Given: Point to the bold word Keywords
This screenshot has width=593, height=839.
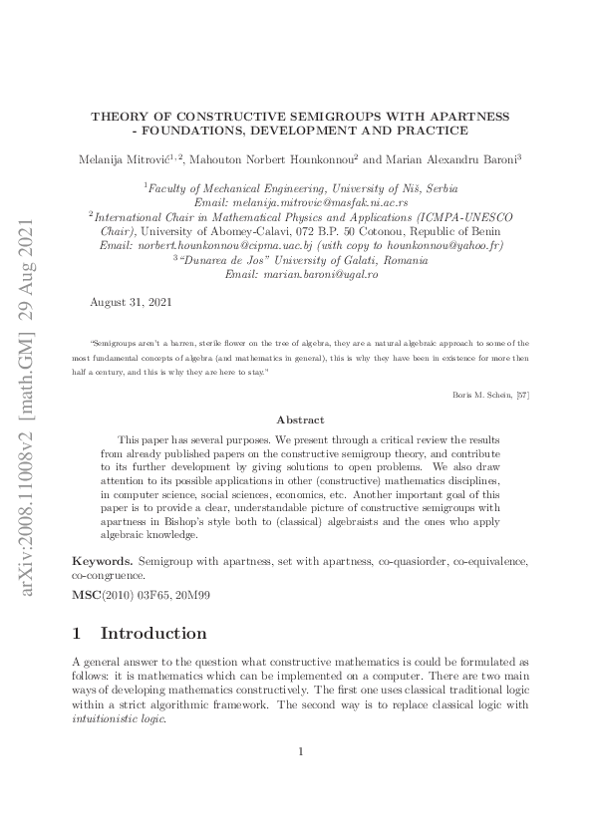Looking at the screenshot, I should (102, 561).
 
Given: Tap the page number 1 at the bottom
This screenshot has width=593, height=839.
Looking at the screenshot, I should (300, 779).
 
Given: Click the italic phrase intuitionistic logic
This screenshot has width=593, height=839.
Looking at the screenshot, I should (114, 717).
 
